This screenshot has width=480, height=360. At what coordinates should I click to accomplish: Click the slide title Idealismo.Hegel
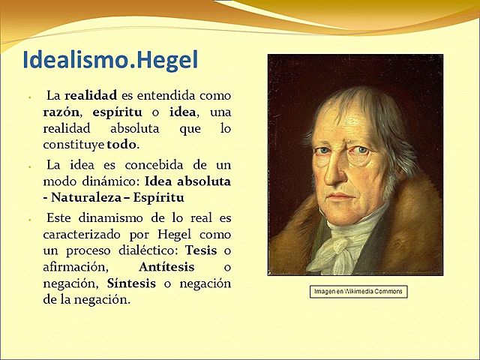pyautogui.click(x=110, y=60)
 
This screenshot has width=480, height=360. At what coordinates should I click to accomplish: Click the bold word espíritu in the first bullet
pyautogui.click(x=118, y=112)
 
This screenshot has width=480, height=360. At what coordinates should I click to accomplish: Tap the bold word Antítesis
pyautogui.click(x=166, y=267)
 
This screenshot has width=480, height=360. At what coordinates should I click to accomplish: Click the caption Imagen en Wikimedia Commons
pyautogui.click(x=358, y=292)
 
